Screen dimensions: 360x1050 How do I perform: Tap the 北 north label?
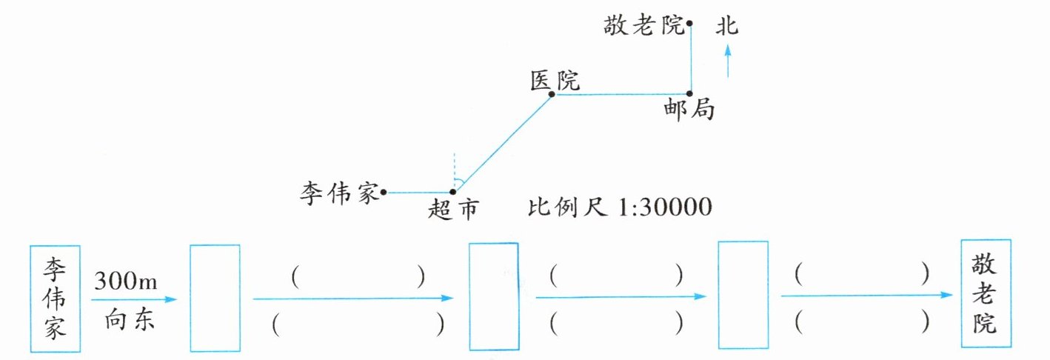[x=727, y=27]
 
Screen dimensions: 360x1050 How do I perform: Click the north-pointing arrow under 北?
[x=728, y=60]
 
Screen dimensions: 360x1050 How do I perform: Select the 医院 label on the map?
[x=555, y=79]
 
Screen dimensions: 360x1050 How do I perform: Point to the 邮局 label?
[x=689, y=111]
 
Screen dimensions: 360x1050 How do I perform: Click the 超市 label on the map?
[x=451, y=210]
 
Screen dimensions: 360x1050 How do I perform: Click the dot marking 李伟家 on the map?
[x=384, y=193]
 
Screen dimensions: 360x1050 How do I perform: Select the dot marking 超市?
[x=453, y=193]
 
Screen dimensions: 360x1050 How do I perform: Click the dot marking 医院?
[x=552, y=94]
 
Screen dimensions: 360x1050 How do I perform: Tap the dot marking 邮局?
[x=689, y=94]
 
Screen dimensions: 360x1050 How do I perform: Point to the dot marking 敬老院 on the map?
[x=689, y=24]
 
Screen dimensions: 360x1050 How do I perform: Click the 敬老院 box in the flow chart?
[x=985, y=293]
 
